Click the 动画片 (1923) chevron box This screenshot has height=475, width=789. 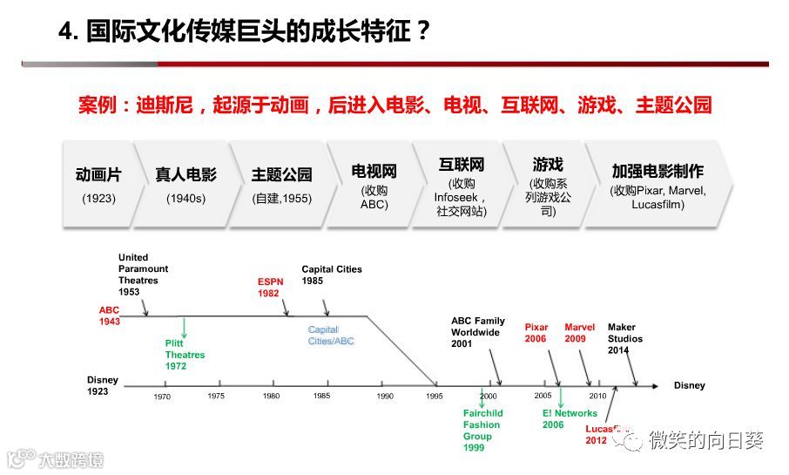[98, 184]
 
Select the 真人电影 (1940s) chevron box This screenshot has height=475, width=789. [185, 184]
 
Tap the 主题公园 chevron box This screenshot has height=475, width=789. [281, 184]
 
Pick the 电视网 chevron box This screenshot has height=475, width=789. [374, 184]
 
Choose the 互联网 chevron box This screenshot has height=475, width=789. [461, 184]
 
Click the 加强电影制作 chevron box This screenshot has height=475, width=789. [657, 184]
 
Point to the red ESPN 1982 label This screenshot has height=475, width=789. [269, 288]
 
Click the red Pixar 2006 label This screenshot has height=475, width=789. [536, 333]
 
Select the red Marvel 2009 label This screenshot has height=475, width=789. [579, 333]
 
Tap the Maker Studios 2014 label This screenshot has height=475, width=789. [625, 339]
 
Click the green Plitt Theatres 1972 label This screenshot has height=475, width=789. [185, 355]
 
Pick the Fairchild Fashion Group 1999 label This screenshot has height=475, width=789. [482, 431]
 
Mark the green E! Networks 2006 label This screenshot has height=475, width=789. [570, 419]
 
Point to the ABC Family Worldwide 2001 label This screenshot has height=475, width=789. [477, 332]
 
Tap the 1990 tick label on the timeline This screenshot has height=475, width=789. [385, 397]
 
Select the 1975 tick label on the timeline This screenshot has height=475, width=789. [216, 397]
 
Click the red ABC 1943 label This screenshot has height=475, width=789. [109, 316]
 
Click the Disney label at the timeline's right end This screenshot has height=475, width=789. [689, 385]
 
